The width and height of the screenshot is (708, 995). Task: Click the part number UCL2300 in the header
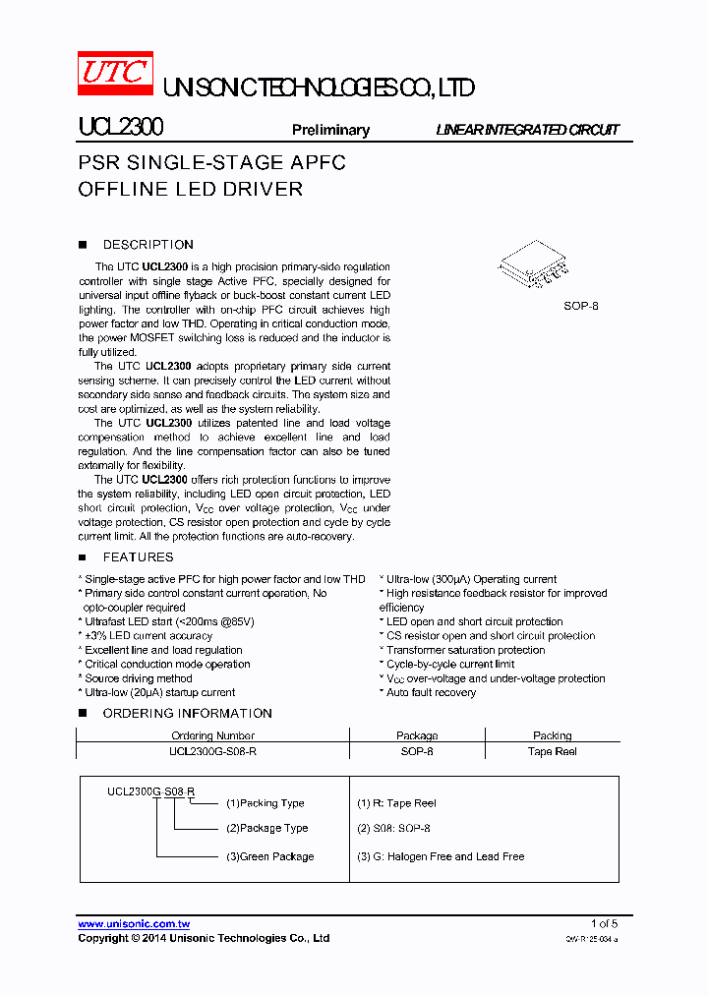(120, 129)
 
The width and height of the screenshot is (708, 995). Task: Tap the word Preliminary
(330, 130)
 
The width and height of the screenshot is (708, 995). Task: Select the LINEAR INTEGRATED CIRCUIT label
(527, 130)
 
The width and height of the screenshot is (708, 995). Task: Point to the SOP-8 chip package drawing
(533, 263)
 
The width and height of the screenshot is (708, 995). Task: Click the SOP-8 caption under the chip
(580, 306)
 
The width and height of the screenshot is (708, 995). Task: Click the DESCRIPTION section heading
(147, 245)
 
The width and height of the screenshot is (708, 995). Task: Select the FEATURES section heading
(138, 557)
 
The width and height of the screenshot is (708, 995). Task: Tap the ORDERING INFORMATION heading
(187, 713)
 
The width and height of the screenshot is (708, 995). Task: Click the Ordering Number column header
(212, 735)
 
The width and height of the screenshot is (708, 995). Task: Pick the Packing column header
(552, 735)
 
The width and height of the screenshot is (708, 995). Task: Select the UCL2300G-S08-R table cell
(212, 751)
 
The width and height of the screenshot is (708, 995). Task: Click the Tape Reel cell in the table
(552, 751)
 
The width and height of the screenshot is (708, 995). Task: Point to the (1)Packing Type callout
(265, 803)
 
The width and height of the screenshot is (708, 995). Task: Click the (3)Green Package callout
(269, 856)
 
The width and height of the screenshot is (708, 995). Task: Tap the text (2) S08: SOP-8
(393, 829)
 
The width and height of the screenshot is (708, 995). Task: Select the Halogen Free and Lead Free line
(440, 856)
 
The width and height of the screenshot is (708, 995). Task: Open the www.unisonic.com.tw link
(134, 923)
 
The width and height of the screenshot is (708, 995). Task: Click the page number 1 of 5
(604, 923)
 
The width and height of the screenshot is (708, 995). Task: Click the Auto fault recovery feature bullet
(429, 692)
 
